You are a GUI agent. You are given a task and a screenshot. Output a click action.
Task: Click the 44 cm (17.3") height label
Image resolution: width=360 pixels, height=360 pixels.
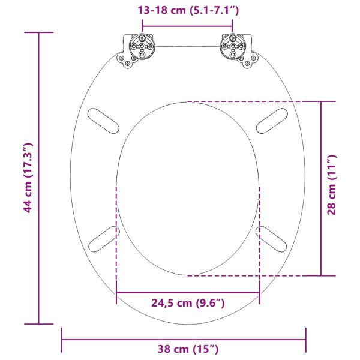[x=26, y=178]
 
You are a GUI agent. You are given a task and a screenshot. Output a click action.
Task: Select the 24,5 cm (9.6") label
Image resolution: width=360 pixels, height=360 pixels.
[x=188, y=304]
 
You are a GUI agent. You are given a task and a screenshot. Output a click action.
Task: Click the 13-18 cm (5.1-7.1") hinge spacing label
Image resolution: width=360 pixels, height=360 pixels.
[x=187, y=10]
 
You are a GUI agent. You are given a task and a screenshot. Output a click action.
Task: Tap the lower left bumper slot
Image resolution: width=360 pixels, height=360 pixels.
[x=103, y=238]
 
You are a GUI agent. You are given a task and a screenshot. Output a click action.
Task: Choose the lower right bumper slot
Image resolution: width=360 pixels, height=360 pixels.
[x=272, y=238]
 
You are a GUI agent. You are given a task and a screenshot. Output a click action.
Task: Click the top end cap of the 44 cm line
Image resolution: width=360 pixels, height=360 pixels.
[x=39, y=34]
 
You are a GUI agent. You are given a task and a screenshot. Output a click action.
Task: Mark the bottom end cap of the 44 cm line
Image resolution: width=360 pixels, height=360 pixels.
[x=39, y=324]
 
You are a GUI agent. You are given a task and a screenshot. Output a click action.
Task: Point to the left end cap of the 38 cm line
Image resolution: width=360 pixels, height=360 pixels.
[x=62, y=340]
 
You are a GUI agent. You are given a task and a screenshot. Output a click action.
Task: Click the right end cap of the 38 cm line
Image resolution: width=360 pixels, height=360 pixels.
[x=306, y=340]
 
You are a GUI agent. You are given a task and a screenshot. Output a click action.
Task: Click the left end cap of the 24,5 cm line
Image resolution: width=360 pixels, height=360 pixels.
[x=116, y=293]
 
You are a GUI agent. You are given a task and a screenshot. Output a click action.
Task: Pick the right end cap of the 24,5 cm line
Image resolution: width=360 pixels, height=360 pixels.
[x=259, y=293]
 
